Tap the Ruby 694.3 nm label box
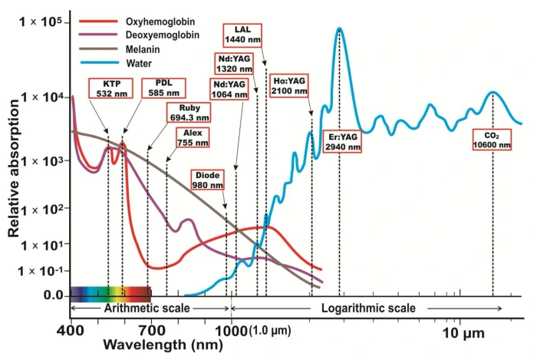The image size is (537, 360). click(190, 113)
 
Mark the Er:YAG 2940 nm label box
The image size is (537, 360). click(340, 142)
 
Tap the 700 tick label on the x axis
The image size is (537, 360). click(153, 329)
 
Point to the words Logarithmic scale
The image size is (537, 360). click(369, 308)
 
